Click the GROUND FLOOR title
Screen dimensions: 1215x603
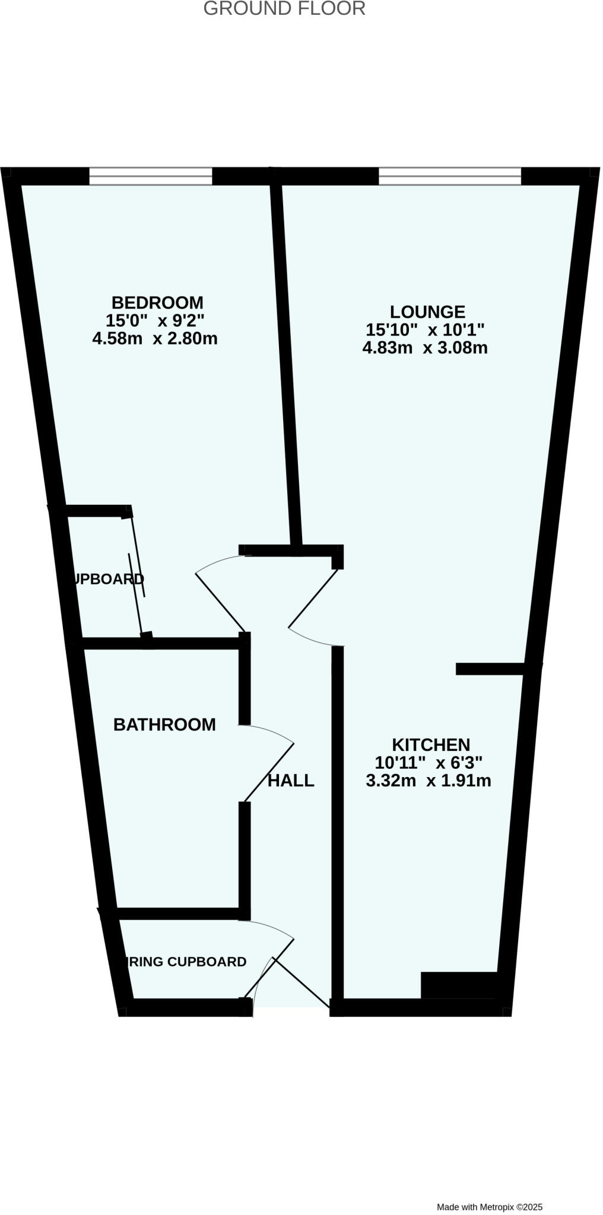point(284,9)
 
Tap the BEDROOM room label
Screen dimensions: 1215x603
point(157,303)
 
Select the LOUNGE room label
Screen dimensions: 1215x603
point(427,311)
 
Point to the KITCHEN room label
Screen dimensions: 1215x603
point(431,745)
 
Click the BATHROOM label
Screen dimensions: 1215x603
point(164,724)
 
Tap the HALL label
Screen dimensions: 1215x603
point(291,781)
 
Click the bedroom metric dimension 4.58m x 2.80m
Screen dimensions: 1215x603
point(155,339)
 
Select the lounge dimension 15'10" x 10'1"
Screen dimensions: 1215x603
point(426,329)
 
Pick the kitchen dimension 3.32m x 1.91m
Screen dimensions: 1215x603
point(429,781)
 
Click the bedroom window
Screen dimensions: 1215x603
point(151,176)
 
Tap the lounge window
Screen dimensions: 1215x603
point(450,176)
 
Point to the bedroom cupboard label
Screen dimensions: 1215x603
point(107,579)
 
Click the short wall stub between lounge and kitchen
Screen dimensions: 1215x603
point(490,669)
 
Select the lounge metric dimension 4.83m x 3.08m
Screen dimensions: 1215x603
point(425,348)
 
